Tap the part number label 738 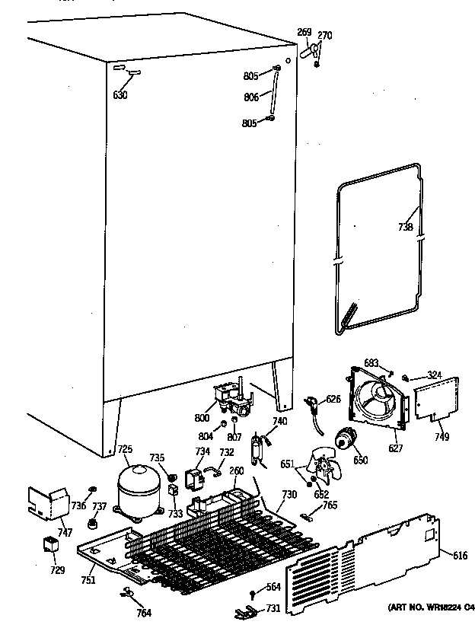[x=405, y=227]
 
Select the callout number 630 [x=120, y=95]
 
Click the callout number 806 [x=251, y=97]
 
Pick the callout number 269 [x=304, y=32]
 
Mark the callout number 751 [x=89, y=579]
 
